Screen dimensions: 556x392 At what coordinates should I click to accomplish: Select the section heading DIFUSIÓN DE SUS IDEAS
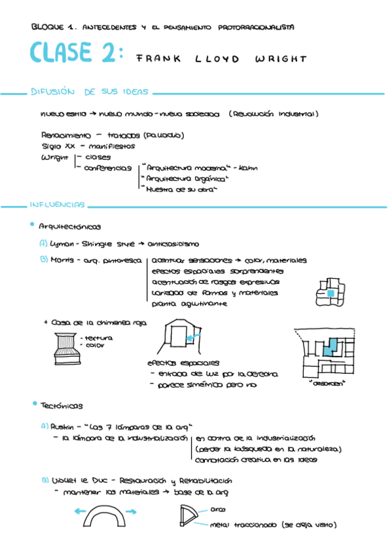click(90, 92)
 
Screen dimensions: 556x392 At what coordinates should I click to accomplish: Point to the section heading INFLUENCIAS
click(57, 205)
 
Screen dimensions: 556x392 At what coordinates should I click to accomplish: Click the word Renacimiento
click(66, 135)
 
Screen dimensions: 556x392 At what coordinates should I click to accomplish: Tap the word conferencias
click(108, 168)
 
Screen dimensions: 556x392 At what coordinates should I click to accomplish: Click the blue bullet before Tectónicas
click(32, 405)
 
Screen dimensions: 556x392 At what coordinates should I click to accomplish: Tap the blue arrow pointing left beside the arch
click(82, 511)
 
